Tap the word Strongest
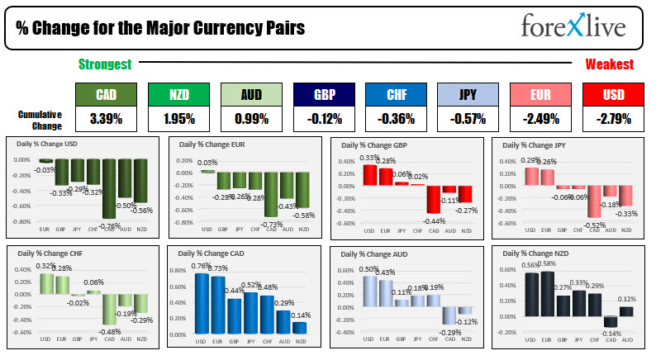105,64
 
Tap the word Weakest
609,64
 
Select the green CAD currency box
104,94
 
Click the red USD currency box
612,94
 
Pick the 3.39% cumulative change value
104,119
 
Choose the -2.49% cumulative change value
540,119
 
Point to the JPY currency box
467,94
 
